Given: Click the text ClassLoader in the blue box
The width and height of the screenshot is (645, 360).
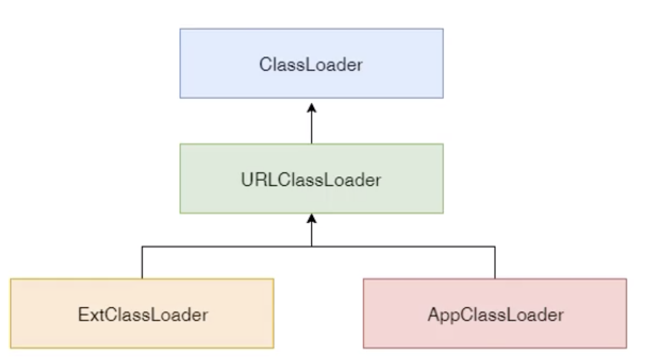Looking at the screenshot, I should [x=311, y=65].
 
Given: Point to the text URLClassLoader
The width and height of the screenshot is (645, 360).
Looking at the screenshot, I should [x=311, y=180].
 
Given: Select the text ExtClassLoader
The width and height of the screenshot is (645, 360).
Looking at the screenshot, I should [x=143, y=315].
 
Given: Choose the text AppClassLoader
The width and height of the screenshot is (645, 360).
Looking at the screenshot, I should [x=495, y=315].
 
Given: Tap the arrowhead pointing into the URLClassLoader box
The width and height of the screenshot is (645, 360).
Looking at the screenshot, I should [x=311, y=218].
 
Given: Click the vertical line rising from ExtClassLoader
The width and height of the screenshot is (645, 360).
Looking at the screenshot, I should [x=142, y=263].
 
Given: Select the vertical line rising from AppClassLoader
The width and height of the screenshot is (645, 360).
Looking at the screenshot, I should [x=495, y=263].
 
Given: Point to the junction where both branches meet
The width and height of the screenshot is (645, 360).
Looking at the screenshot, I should [x=311, y=246].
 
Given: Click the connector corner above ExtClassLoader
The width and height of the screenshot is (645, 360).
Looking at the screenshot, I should [x=142, y=246].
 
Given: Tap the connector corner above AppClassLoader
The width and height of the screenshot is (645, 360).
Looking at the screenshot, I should [x=495, y=246].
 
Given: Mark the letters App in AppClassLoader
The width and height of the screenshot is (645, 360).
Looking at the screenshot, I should [x=442, y=315].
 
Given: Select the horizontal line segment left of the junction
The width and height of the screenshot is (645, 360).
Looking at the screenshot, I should [x=226, y=246].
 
